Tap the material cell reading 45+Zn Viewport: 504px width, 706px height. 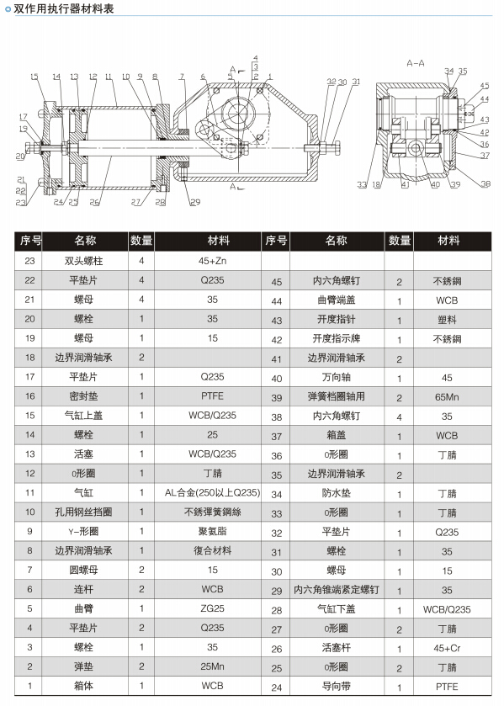pyautogui.click(x=212, y=261)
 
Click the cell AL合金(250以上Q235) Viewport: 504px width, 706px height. pyautogui.click(x=212, y=493)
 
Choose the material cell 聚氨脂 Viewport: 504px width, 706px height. pyautogui.click(x=212, y=532)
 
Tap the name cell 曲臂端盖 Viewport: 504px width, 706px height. pyautogui.click(x=334, y=300)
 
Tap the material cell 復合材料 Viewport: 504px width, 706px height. pyautogui.click(x=212, y=551)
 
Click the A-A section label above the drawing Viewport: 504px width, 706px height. pyautogui.click(x=416, y=63)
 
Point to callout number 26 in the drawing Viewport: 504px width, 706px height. pyautogui.click(x=95, y=202)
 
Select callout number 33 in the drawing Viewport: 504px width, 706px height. pyautogui.click(x=362, y=184)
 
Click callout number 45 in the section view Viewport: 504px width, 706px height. pyautogui.click(x=485, y=85)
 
